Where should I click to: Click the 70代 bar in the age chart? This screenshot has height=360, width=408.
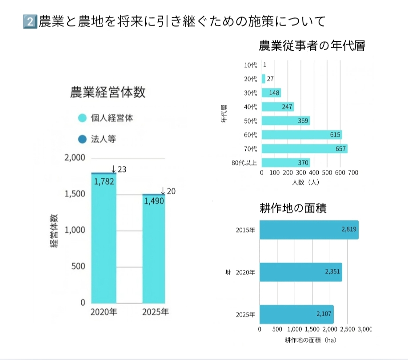[304, 148]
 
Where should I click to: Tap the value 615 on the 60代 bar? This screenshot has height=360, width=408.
[335, 135]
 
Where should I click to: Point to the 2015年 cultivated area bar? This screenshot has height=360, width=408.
[309, 230]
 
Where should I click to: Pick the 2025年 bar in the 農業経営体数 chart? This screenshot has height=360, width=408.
[153, 249]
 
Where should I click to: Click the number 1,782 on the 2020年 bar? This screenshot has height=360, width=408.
[104, 181]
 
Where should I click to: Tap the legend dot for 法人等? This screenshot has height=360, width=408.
[82, 140]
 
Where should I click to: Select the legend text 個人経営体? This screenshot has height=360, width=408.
[112, 118]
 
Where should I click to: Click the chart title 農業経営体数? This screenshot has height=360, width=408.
[108, 92]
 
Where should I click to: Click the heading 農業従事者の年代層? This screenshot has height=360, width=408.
[312, 45]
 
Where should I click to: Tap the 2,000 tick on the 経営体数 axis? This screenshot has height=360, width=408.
[75, 158]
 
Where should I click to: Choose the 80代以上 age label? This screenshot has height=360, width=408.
[244, 163]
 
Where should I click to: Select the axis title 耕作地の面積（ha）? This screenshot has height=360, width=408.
[310, 340]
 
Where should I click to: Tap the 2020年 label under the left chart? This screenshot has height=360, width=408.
[104, 312]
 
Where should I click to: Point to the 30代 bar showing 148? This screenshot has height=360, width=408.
[271, 93]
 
